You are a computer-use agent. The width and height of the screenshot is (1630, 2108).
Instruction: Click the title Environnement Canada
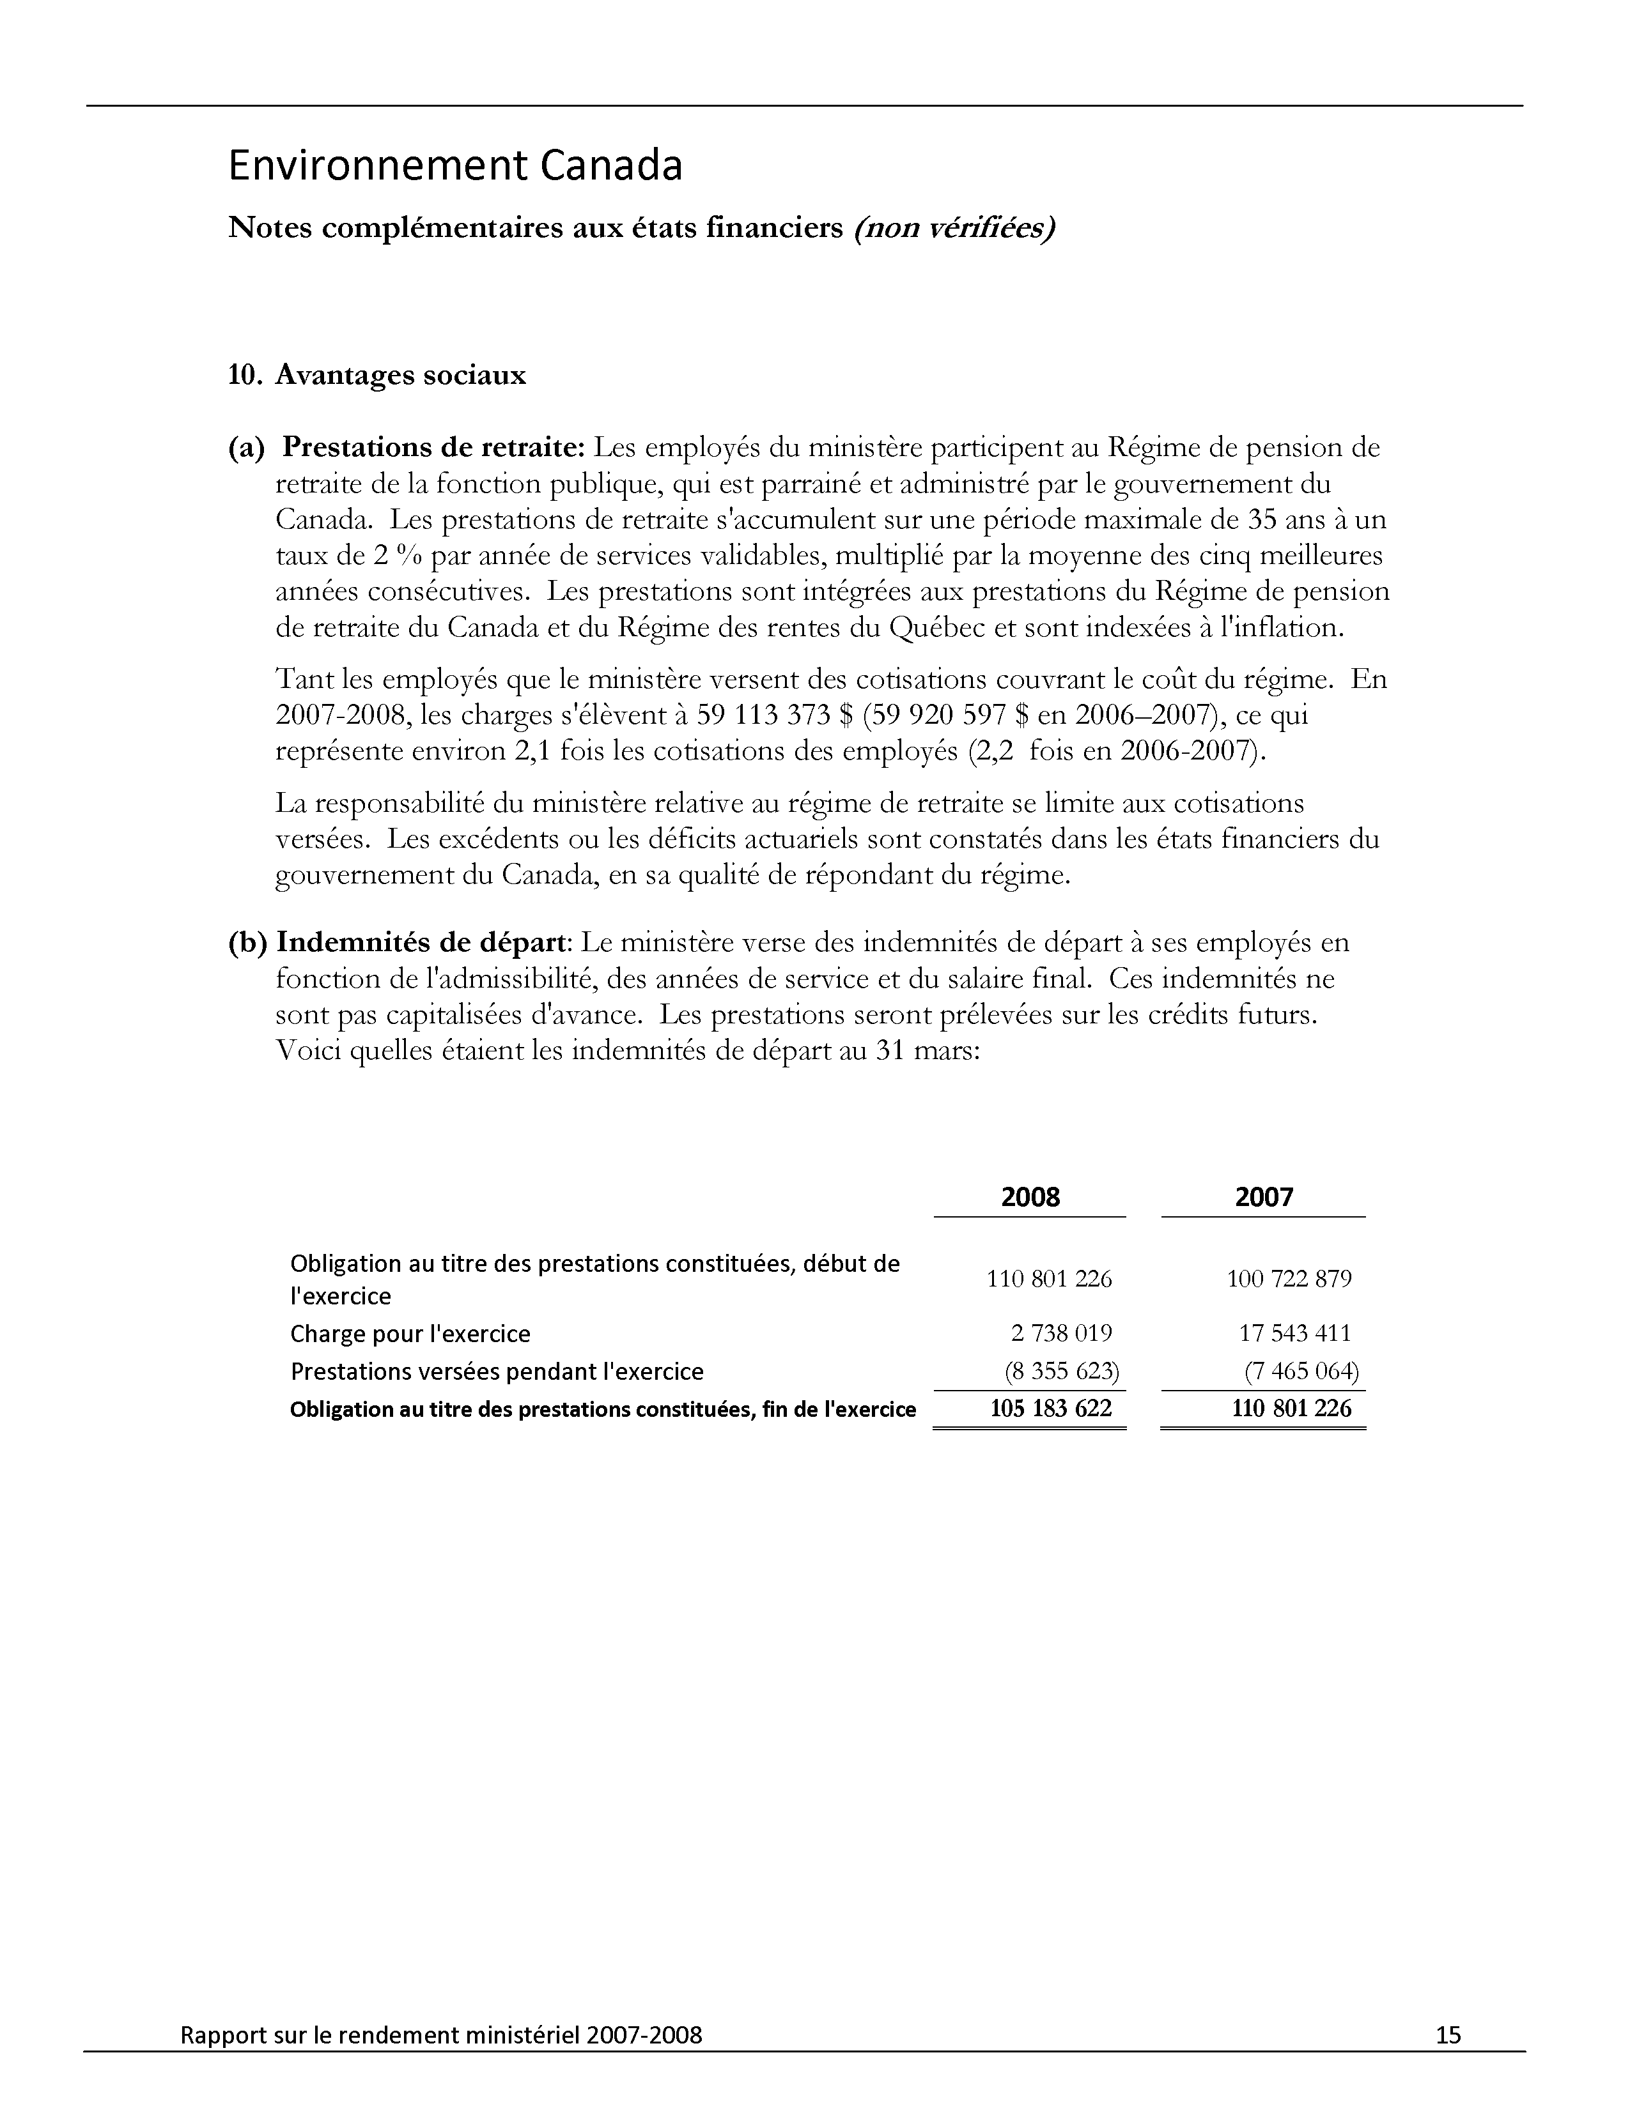click(455, 166)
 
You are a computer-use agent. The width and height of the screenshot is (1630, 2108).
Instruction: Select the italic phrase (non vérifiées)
click(953, 228)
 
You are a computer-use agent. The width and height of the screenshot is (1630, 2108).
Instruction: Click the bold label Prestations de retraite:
click(433, 448)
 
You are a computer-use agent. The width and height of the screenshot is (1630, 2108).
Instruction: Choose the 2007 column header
click(1263, 1197)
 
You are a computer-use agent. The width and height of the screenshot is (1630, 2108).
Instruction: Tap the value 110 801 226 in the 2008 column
click(1049, 1279)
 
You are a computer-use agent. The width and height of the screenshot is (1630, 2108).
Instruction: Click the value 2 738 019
click(1061, 1333)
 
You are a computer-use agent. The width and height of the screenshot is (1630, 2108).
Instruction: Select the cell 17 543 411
click(1295, 1333)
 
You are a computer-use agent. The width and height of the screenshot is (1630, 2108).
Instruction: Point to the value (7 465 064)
click(1301, 1371)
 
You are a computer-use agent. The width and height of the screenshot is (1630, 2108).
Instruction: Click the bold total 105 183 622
click(1051, 1409)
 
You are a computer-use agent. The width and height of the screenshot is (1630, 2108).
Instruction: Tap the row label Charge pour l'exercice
click(410, 1334)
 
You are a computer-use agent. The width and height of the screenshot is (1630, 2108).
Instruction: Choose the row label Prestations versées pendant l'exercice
click(497, 1371)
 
